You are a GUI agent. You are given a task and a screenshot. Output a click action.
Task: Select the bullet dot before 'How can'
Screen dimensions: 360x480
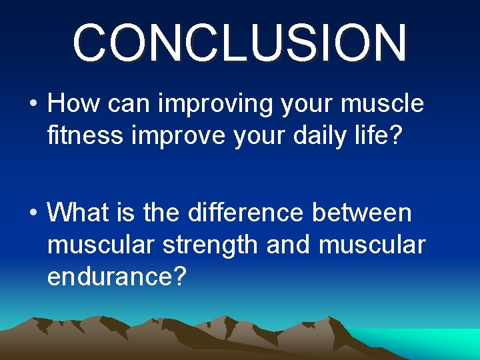tap(33, 105)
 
